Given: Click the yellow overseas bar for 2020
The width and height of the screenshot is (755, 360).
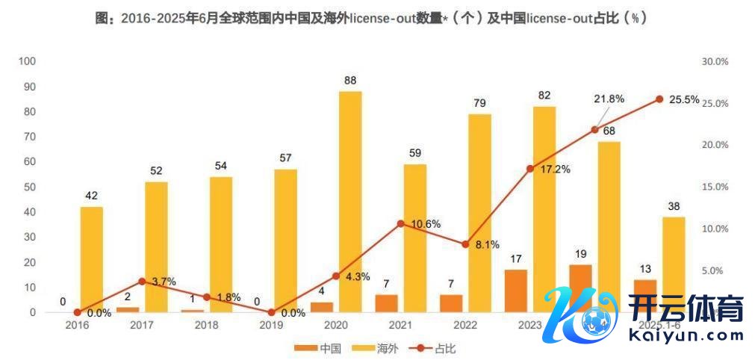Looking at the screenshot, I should pos(350,202).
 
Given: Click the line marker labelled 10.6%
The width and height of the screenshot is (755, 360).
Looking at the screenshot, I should pos(400,223).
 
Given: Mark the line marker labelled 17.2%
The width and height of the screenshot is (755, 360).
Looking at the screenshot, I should pos(530,169).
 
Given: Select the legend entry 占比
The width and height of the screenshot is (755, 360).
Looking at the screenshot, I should pos(436,348).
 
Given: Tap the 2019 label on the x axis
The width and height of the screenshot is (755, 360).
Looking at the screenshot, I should pos(271,326).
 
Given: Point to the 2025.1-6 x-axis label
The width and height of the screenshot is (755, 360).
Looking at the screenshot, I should pos(658,326).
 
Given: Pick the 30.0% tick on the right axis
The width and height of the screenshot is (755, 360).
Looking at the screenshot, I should pos(715,61).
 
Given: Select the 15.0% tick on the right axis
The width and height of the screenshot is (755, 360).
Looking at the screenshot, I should pos(715,187).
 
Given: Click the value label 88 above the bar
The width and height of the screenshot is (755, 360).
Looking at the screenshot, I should pos(349,80).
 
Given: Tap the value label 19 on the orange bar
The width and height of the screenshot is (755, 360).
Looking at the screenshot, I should pos(580,254).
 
